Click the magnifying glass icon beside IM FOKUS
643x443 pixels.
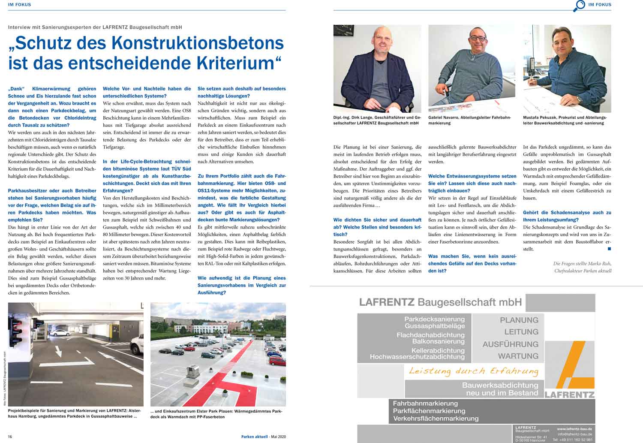579,6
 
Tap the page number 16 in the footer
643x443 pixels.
10,437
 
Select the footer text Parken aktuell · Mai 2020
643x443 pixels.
263,437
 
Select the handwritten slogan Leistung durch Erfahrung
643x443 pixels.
473,371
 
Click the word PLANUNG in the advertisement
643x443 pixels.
519,320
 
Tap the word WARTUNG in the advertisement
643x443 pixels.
518,356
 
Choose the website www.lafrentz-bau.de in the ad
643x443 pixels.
574,428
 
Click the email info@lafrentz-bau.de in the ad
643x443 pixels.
575,434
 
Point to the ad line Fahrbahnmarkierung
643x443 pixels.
425,404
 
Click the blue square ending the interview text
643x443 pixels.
609,249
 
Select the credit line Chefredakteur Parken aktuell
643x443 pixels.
583,271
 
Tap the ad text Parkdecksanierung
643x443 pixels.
434,319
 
